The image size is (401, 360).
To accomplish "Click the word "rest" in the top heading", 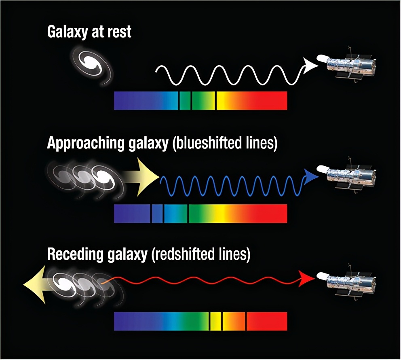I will pyautogui.click(x=118, y=32).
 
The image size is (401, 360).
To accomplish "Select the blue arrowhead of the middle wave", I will pyautogui.click(x=311, y=177).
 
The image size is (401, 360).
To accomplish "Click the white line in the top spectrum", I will pyautogui.click(x=216, y=101).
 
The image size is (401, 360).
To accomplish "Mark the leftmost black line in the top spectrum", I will pyautogui.click(x=179, y=101).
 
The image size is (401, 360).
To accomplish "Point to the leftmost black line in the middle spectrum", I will pyautogui.click(x=151, y=214).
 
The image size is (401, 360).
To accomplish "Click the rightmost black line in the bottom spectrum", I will pyautogui.click(x=246, y=321).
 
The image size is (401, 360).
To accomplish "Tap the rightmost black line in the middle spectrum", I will pyautogui.click(x=188, y=214).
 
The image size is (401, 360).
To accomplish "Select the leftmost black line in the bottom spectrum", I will pyautogui.click(x=209, y=321).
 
